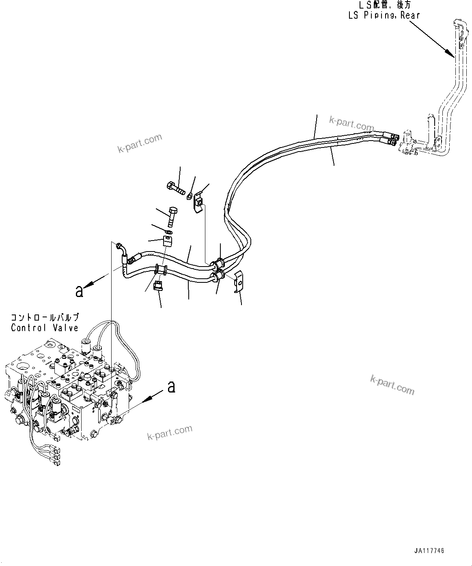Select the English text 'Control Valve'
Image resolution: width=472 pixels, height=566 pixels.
[x=45, y=327]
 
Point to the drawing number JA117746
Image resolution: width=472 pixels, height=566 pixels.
[x=429, y=551]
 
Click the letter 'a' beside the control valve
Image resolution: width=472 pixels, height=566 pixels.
[x=172, y=387]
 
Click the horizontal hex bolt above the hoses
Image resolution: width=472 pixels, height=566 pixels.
[x=175, y=188]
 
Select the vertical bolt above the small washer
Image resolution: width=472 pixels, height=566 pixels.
[x=172, y=217]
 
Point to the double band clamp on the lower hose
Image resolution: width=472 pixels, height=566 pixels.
[x=161, y=270]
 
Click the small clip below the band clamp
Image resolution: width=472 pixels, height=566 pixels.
[x=159, y=286]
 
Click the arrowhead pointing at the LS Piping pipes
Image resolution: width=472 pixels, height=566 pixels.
[x=449, y=53]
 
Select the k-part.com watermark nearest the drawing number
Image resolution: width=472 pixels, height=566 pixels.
[x=392, y=384]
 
